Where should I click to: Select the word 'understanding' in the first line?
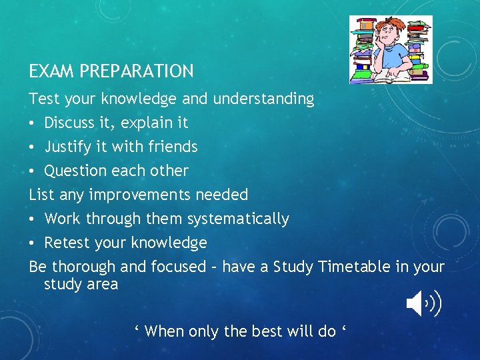[x=263, y=99]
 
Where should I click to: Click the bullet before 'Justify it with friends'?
[x=33, y=147]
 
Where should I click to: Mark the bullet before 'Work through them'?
[x=33, y=219]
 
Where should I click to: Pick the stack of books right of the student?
[x=418, y=50]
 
